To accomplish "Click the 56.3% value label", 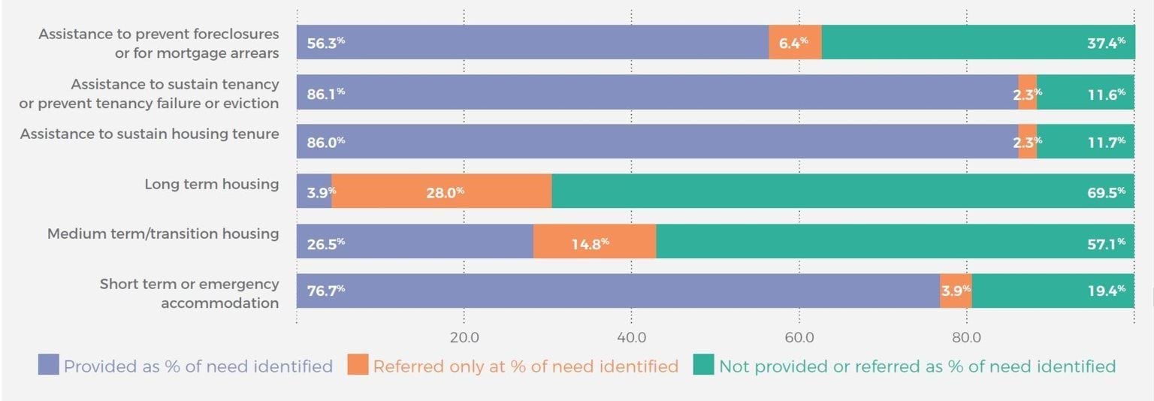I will (x=325, y=42).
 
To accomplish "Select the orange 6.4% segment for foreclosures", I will (x=795, y=42).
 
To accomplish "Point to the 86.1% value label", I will (x=325, y=92).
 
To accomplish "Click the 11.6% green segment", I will (x=1086, y=92).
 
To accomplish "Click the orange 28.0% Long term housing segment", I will (x=442, y=191).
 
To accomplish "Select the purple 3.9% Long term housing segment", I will (x=314, y=191).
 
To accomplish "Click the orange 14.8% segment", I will (x=594, y=241).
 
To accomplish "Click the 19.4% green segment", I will (x=1052, y=291).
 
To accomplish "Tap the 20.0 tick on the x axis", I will (x=464, y=337).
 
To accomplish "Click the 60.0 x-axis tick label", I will (x=799, y=337).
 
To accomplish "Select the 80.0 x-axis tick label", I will (x=966, y=337).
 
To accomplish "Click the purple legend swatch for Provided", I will (x=47, y=366).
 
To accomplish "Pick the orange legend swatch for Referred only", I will (x=358, y=366).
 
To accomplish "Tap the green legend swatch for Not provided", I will (x=703, y=366).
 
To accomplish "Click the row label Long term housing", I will (x=211, y=184).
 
